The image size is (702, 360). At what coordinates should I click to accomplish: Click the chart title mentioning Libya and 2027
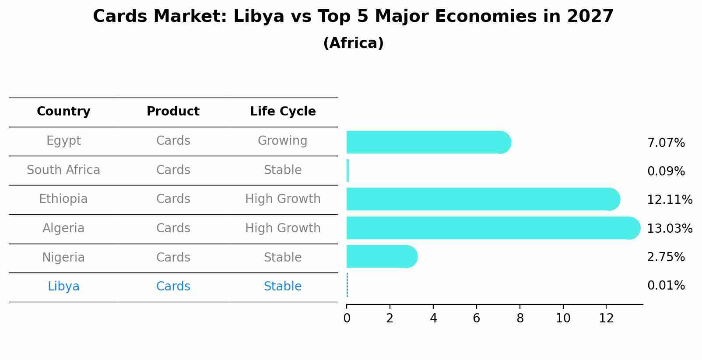353,17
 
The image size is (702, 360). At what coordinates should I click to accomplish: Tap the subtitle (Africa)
353,43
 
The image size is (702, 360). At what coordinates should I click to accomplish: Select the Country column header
63,112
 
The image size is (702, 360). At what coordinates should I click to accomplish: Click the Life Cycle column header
283,112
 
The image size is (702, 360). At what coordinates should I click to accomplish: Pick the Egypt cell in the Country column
63,141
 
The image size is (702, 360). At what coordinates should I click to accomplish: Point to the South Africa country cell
63,170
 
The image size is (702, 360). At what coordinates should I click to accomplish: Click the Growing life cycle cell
283,141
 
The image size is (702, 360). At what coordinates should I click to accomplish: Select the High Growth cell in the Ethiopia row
283,199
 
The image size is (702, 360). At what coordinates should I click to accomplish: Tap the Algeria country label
63,228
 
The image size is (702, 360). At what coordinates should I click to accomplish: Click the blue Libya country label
63,287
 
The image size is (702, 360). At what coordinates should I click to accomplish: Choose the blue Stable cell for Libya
283,287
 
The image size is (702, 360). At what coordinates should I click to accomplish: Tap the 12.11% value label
669,200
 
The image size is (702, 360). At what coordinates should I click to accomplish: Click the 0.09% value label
666,171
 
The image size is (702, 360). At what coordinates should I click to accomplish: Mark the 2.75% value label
666,257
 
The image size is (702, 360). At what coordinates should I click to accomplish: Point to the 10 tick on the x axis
563,318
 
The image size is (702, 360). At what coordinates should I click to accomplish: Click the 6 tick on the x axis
476,318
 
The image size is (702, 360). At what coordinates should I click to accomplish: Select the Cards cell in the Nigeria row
173,258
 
